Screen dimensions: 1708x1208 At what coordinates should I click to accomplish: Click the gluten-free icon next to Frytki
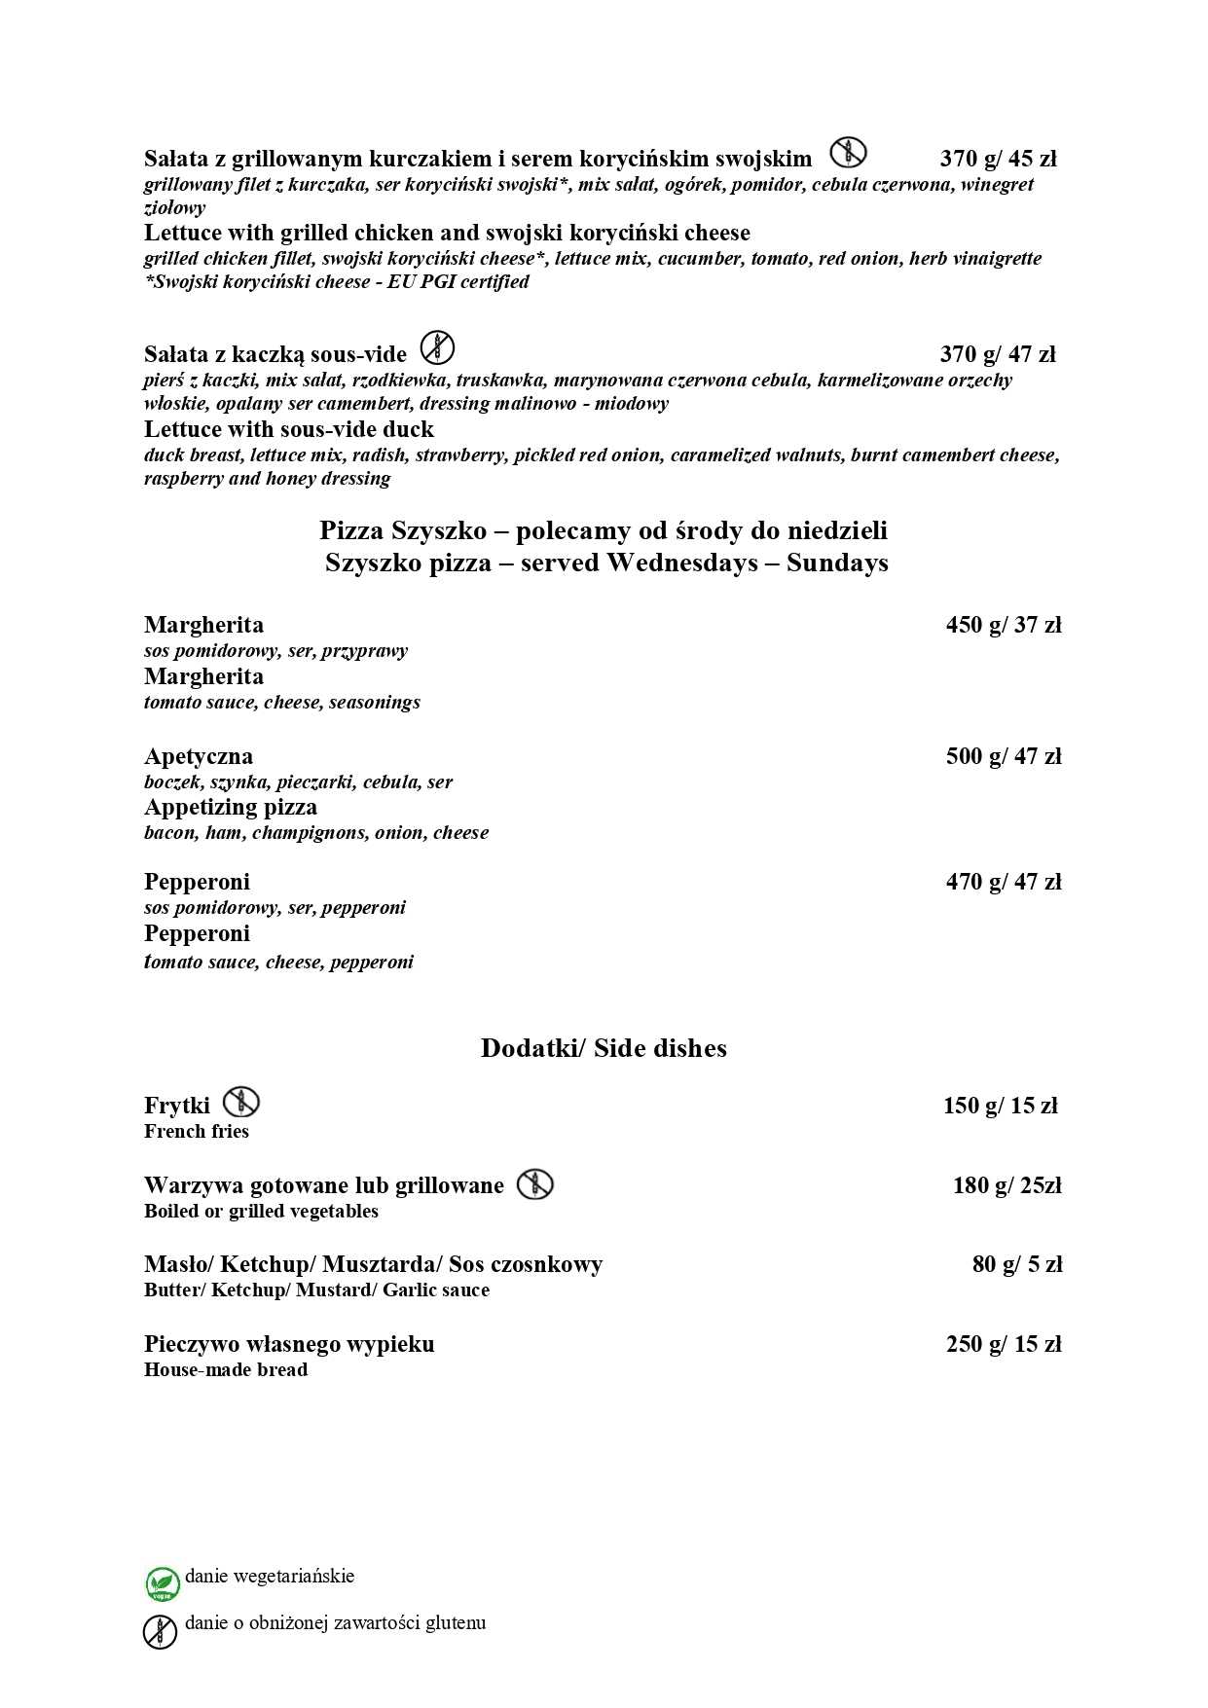pos(240,1103)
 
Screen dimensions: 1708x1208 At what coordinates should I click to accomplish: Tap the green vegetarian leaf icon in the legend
pos(162,1583)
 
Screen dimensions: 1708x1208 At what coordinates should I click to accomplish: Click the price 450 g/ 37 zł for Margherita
pos(1003,625)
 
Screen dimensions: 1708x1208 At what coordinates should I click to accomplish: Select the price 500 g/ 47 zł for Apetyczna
pos(1003,756)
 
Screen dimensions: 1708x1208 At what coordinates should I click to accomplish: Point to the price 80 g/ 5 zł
pos(1016,1264)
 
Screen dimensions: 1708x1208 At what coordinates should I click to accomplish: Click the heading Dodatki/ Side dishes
pos(604,1048)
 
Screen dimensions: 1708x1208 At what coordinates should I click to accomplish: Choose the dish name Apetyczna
pos(199,756)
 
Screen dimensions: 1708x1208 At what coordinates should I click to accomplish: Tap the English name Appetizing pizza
pos(231,807)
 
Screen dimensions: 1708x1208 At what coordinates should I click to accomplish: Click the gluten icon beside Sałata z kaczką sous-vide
pos(438,347)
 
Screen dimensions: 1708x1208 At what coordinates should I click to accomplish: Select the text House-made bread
pos(226,1369)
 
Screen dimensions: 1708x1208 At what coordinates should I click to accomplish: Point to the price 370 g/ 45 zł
pos(998,159)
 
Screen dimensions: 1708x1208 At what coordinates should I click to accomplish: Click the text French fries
pos(197,1131)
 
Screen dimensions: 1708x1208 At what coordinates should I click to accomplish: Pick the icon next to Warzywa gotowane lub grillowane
pos(534,1183)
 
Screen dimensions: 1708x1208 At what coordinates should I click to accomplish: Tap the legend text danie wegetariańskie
pos(270,1576)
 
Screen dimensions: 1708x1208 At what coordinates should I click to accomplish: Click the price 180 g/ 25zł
pos(1007,1185)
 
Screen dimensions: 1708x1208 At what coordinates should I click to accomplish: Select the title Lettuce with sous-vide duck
pos(289,429)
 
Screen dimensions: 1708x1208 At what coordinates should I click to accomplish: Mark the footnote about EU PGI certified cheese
pos(337,282)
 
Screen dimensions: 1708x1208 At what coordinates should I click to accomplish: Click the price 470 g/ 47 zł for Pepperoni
pos(1003,882)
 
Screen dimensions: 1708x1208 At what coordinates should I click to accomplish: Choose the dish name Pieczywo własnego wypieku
pos(289,1344)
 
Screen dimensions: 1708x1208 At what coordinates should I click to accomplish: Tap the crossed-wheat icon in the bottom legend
pos(161,1631)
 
